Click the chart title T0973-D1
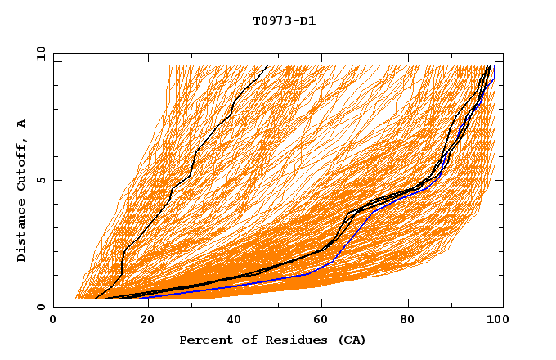pos(284,21)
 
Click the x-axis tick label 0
pos(53,320)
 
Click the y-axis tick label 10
pos(40,53)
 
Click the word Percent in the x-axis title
pos(203,340)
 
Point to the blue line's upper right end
pos(495,66)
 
